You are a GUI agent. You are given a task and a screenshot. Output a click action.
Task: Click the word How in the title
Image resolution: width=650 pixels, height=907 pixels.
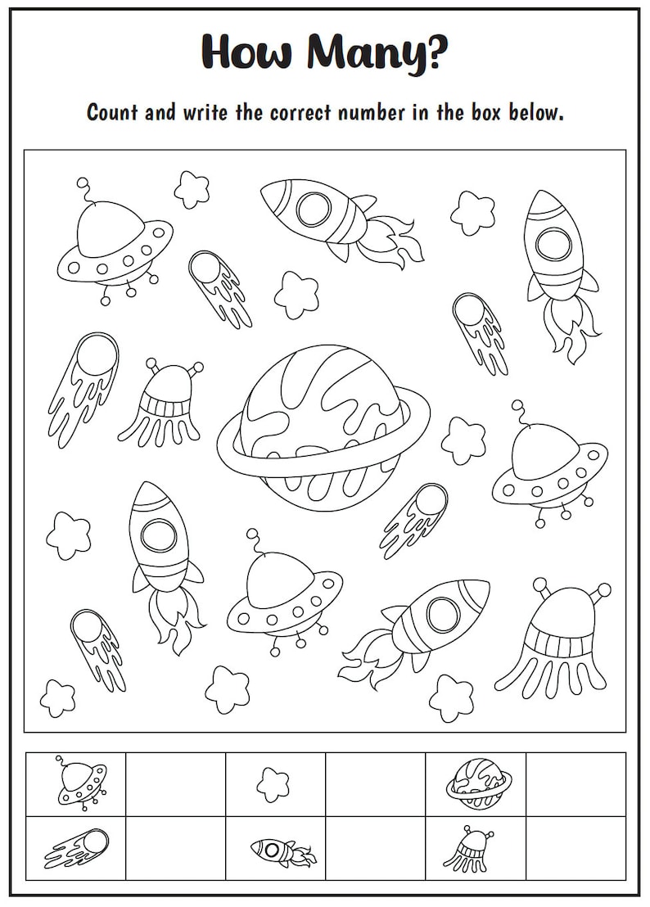point(246,52)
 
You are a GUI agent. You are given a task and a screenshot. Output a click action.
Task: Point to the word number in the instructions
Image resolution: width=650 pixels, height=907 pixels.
point(363,112)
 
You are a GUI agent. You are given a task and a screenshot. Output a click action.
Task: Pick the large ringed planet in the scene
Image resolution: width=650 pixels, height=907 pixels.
point(323,426)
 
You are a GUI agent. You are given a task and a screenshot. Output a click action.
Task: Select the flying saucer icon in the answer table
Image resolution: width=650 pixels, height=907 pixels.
point(80,783)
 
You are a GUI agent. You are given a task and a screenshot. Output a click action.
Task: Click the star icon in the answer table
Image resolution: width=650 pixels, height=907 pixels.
point(273,784)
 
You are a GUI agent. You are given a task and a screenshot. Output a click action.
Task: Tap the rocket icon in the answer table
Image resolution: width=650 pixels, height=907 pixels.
point(282,851)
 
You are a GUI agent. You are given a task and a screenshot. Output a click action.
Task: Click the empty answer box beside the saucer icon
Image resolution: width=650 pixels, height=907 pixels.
point(175,784)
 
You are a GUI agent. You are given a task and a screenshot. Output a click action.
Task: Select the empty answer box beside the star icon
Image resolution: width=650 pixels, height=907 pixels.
point(375,784)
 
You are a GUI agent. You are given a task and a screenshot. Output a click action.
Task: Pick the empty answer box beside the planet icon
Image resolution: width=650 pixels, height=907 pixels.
point(576,784)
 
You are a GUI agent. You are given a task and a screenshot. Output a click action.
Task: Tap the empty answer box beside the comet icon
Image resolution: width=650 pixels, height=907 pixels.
point(175,848)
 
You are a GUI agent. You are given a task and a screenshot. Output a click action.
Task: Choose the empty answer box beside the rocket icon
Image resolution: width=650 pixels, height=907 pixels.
point(375,848)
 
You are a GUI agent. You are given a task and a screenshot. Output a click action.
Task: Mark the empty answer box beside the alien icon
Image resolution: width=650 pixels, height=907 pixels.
point(576,848)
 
